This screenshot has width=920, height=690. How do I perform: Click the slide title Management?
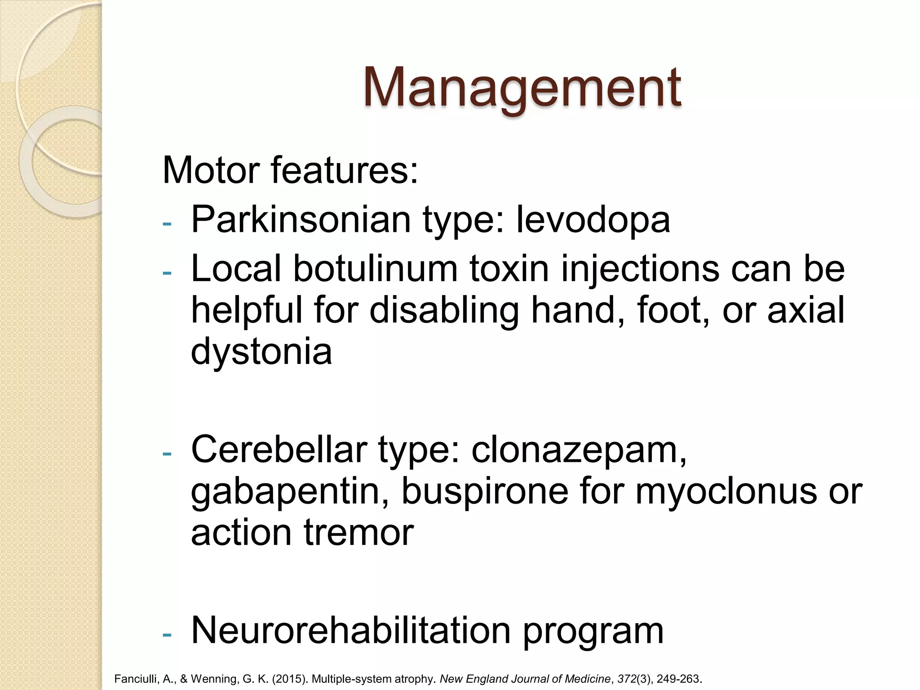click(522, 88)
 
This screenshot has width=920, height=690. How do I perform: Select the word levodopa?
click(593, 220)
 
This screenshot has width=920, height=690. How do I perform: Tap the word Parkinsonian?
click(301, 220)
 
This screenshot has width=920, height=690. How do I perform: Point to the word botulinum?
click(375, 269)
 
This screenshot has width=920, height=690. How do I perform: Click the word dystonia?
click(261, 352)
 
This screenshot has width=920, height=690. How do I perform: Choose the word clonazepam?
click(579, 451)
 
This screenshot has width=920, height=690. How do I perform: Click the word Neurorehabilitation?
click(351, 630)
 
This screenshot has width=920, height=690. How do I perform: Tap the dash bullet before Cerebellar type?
click(167, 453)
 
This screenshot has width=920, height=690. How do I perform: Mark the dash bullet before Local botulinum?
click(167, 272)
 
